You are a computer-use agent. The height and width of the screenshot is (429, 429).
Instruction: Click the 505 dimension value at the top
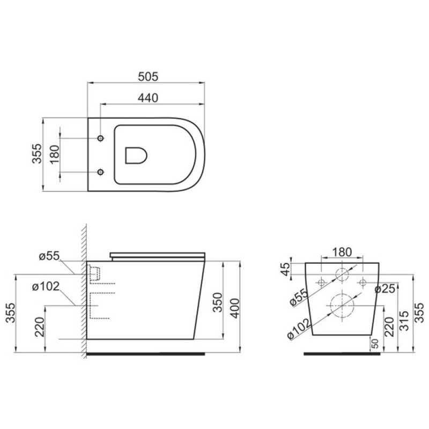148,77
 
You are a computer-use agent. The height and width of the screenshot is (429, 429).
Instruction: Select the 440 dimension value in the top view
148,98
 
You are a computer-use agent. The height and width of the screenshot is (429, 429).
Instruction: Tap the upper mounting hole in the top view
101,138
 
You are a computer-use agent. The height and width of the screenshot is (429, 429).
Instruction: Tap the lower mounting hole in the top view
101,172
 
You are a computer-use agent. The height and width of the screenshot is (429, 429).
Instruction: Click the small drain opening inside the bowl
136,156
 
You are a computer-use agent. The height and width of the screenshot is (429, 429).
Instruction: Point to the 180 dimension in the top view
55,154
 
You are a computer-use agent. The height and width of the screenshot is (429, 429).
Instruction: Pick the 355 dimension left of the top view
37,153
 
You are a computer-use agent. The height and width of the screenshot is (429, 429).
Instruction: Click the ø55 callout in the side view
49,256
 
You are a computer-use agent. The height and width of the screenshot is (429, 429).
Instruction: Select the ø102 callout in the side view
46,287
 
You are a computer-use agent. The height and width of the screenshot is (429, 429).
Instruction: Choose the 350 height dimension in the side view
218,302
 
